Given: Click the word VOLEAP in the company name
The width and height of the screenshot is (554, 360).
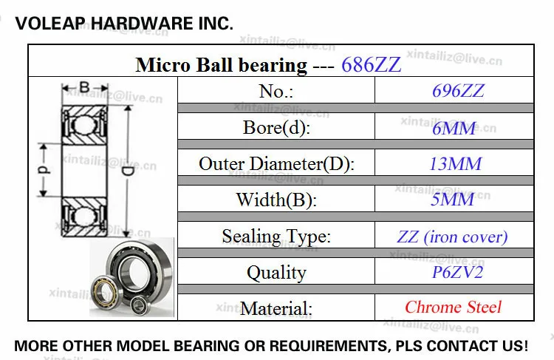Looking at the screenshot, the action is [49, 24].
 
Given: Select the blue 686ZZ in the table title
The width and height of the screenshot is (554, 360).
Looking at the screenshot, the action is [372, 65].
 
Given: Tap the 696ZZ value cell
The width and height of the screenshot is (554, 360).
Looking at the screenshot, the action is [458, 91].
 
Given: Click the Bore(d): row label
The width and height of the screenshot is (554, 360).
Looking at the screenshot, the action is [276, 127].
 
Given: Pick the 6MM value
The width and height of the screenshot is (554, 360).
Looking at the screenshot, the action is [454, 128].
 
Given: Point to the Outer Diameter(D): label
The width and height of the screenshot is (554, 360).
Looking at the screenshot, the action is [276, 163].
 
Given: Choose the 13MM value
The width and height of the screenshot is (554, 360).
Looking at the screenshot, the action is [456, 163].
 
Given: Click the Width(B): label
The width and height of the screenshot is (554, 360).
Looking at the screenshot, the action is [276, 200].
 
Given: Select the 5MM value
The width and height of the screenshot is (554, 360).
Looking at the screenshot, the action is [453, 200].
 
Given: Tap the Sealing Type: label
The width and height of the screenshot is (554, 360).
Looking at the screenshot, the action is [276, 237].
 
